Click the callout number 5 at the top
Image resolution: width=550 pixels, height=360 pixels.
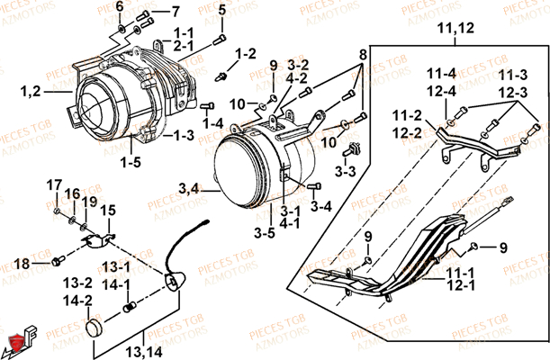coord(221,10)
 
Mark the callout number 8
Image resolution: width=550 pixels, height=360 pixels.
coord(363,55)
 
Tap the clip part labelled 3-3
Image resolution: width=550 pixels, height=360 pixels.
coord(355,146)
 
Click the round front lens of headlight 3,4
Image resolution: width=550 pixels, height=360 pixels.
coord(234,175)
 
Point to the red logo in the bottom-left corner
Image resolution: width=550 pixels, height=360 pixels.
coord(14,342)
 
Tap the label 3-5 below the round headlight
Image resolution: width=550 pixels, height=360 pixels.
coord(264,233)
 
